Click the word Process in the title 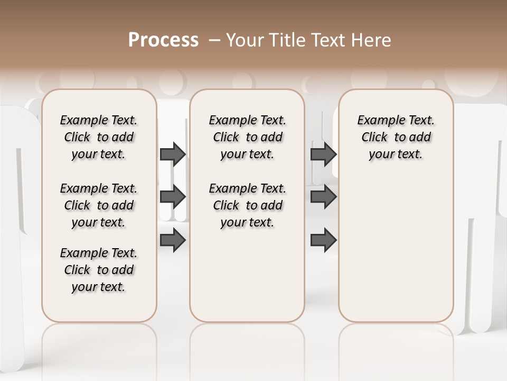click(x=163, y=40)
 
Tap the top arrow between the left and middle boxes click(x=173, y=154)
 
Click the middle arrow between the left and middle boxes click(x=173, y=197)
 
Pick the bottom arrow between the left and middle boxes click(x=173, y=240)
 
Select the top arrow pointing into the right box click(x=323, y=154)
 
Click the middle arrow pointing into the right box click(x=323, y=197)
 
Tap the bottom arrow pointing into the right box click(x=323, y=240)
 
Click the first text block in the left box click(x=99, y=137)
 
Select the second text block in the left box click(x=99, y=205)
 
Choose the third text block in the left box click(x=99, y=270)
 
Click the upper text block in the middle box click(x=248, y=137)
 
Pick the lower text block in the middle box click(x=248, y=205)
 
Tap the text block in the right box click(x=396, y=137)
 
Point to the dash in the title click(x=214, y=40)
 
